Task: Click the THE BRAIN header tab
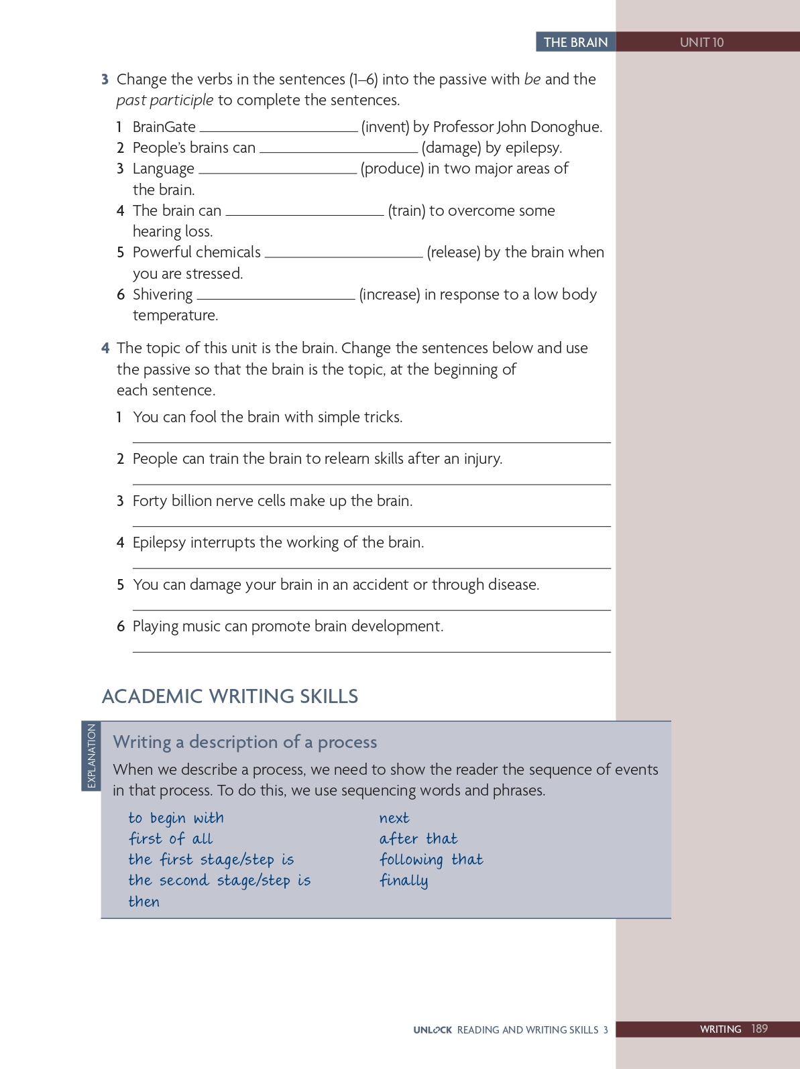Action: click(575, 42)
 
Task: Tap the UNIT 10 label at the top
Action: click(701, 42)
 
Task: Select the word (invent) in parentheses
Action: click(385, 127)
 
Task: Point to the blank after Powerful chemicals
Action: click(343, 254)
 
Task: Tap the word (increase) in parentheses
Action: click(390, 294)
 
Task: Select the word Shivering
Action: click(162, 294)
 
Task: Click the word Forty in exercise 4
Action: click(150, 501)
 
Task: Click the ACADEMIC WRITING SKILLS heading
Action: click(230, 696)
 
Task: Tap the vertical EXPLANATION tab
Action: click(91, 756)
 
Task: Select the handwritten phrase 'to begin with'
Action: click(176, 818)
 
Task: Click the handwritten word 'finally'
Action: click(404, 881)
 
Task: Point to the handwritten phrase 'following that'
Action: click(431, 860)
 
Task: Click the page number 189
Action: click(759, 1029)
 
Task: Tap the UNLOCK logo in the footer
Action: click(433, 1030)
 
